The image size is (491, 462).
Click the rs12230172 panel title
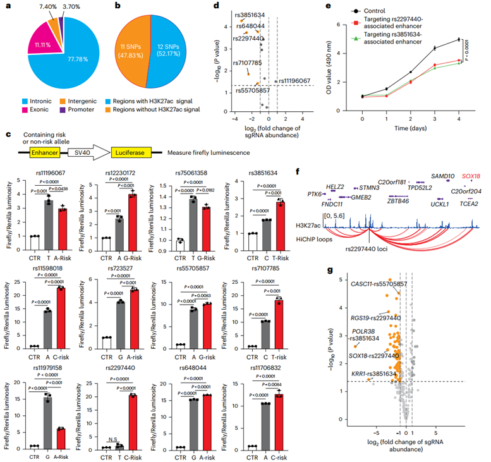coord(131,172)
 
